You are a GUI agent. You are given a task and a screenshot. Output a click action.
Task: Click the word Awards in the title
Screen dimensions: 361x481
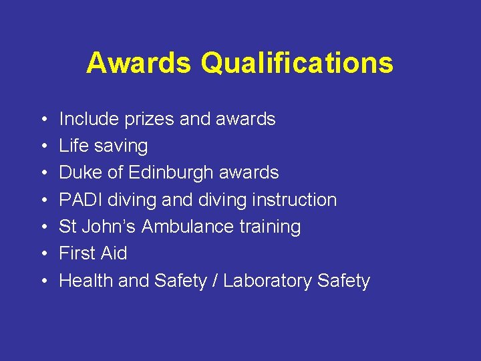[138, 63]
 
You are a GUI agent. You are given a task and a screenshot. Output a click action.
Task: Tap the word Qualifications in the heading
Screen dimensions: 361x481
[297, 63]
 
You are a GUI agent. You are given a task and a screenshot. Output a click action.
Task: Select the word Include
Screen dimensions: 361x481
[83, 119]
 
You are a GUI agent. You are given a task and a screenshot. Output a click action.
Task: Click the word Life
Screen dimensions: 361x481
[71, 146]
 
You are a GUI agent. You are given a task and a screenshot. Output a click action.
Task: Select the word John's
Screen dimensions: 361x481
[110, 227]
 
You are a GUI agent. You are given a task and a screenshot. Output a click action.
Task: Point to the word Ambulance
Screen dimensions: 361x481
[188, 227]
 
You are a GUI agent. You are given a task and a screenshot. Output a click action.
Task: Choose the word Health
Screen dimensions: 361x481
[86, 281]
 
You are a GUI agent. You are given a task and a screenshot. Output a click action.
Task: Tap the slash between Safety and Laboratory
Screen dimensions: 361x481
[215, 281]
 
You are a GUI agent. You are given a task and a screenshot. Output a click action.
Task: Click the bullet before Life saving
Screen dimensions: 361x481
[42, 146]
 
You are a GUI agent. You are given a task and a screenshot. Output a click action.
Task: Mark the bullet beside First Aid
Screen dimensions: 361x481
[42, 254]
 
